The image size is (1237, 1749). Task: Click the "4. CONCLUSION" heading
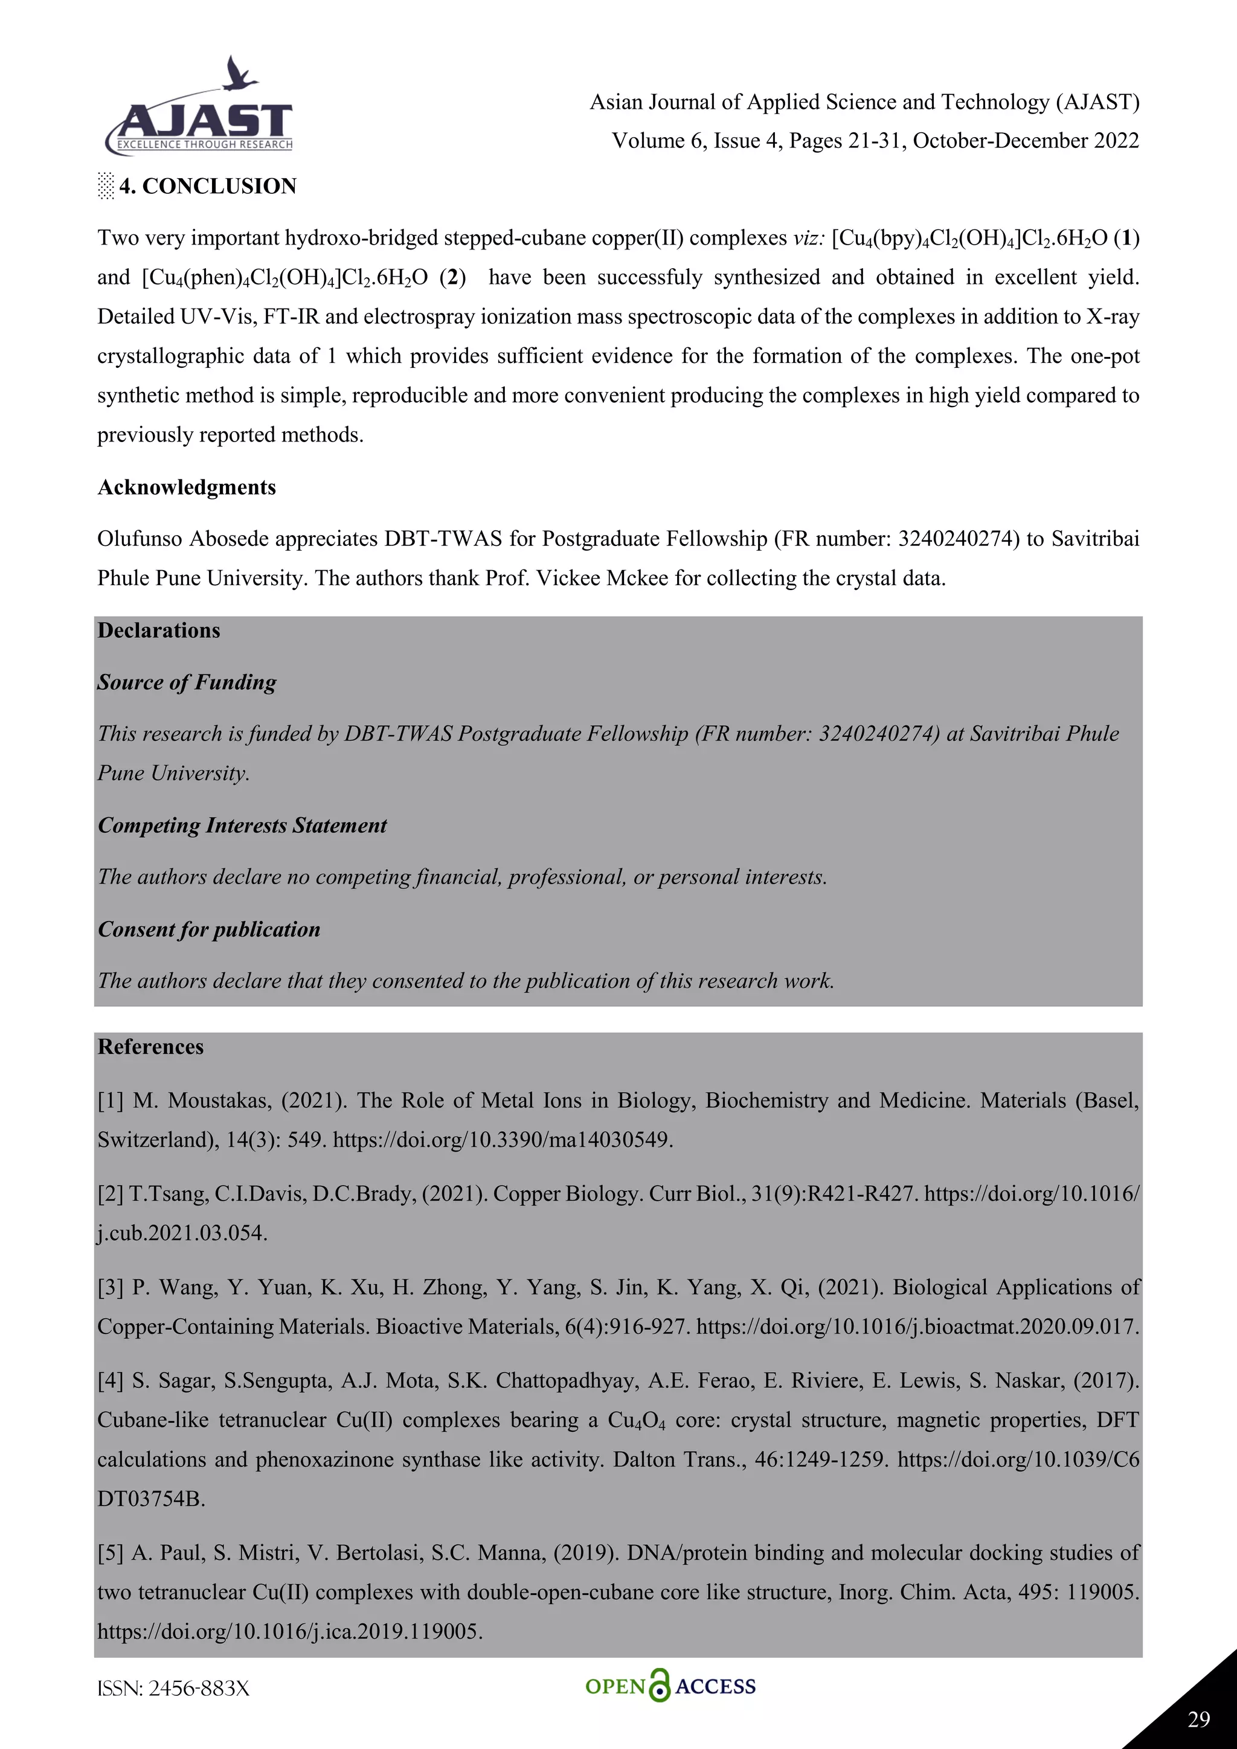click(x=207, y=186)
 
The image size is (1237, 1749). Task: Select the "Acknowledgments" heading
click(x=187, y=487)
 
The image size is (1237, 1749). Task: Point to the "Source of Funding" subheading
click(x=187, y=682)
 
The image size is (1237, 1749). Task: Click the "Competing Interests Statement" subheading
click(x=242, y=826)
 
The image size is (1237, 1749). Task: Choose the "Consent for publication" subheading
click(x=209, y=929)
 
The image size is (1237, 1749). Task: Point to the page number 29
click(x=1198, y=1719)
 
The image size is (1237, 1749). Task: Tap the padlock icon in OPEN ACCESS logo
click(x=660, y=1686)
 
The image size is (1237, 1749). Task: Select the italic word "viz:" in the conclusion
click(x=808, y=239)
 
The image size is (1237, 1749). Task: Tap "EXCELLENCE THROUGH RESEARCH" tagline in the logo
click(x=204, y=145)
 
